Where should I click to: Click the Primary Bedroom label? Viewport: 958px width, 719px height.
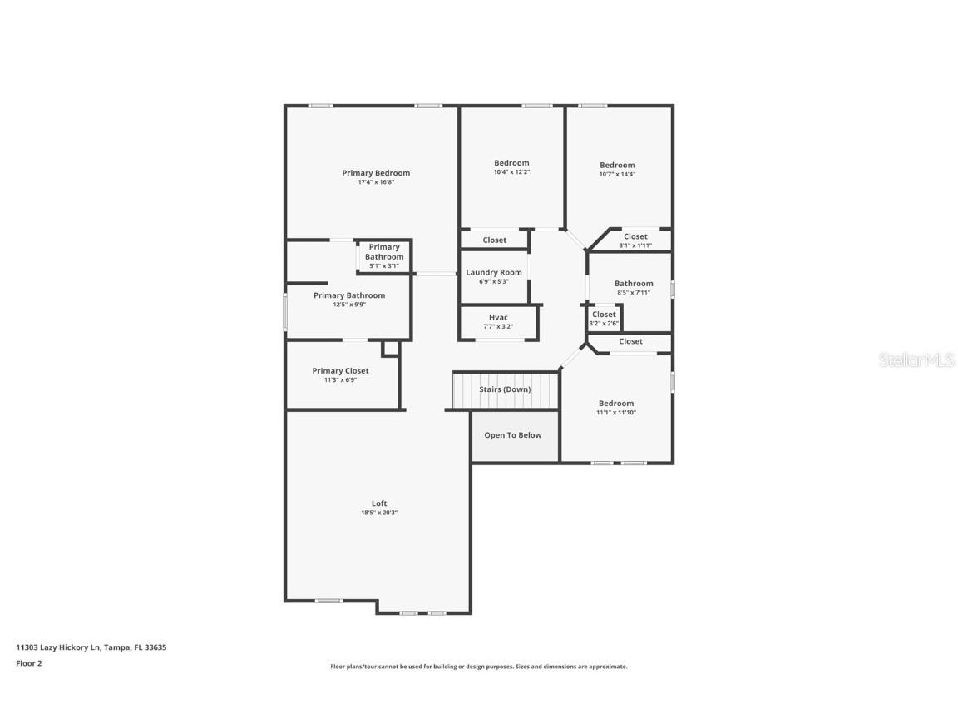pos(376,173)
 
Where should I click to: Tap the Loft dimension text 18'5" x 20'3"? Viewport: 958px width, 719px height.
pos(379,513)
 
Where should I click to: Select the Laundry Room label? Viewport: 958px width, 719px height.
pos(494,272)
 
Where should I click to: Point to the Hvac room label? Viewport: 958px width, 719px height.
pos(498,317)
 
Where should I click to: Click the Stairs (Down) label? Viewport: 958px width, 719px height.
pos(505,389)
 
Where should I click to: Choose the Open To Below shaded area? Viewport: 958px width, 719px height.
pos(514,435)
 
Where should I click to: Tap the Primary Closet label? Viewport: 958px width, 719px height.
pos(340,371)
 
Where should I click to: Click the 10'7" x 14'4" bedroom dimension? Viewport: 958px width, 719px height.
pos(617,175)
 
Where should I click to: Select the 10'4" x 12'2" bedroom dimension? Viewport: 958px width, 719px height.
pos(511,172)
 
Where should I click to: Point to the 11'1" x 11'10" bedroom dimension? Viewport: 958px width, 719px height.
pos(616,413)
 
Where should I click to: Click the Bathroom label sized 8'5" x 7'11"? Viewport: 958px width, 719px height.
pos(634,284)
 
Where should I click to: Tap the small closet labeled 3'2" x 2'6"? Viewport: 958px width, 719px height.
pos(604,319)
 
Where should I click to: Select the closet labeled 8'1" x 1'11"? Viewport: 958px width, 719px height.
pos(635,240)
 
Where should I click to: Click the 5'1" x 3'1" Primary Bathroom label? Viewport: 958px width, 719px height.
pos(384,256)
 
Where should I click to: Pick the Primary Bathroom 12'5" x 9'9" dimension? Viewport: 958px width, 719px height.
pos(349,305)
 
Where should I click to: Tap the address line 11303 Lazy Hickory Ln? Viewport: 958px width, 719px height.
pos(91,647)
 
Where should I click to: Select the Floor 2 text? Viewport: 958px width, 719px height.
pos(28,663)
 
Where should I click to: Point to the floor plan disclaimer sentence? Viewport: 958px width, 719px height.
pos(479,667)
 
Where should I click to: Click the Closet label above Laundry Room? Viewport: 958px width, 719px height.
pos(495,240)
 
